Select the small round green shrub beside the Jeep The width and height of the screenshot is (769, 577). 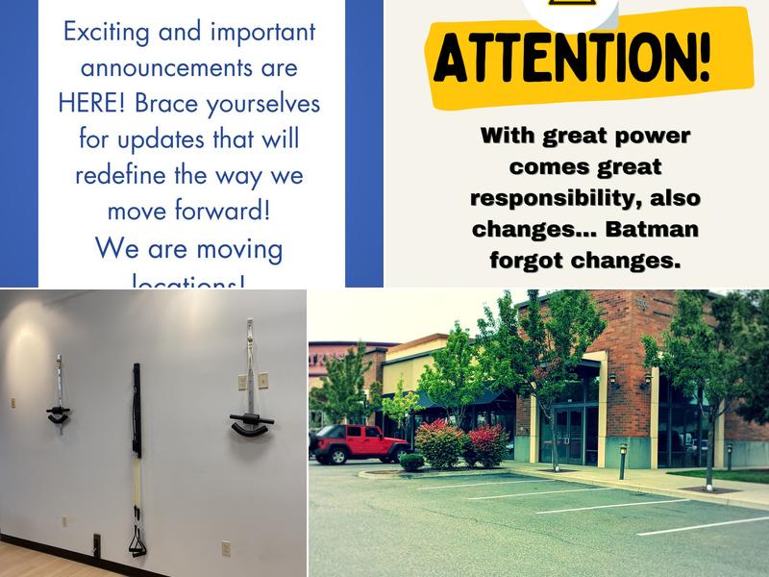coord(412,462)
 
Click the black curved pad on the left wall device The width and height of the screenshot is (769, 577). coord(59,414)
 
